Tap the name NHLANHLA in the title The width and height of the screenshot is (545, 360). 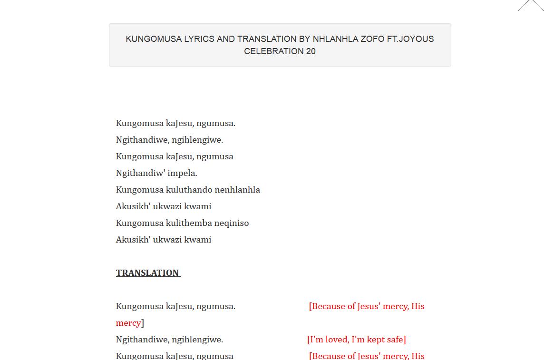335,39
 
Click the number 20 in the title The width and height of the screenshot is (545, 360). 311,51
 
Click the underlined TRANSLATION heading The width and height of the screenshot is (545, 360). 147,273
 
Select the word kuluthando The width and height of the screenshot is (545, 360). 189,190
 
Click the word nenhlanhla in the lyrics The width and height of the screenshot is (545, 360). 237,190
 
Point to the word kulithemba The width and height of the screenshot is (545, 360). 189,223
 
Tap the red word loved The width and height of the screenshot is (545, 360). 337,340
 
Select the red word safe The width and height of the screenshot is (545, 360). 395,340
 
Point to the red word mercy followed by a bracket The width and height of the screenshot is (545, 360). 128,323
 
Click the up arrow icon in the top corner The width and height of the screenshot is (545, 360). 531,5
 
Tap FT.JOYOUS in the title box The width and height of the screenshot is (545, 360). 410,39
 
